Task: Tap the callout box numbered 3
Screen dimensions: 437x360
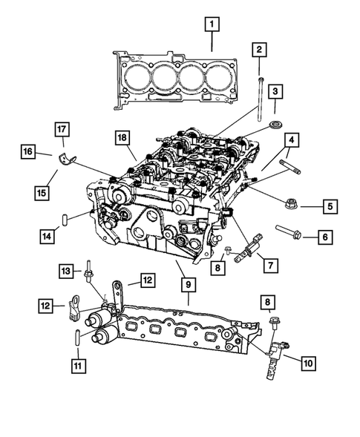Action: (275, 91)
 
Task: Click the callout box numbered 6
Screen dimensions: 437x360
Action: (324, 237)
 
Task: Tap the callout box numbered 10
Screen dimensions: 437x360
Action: (308, 363)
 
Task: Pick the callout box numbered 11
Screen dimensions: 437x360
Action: (76, 364)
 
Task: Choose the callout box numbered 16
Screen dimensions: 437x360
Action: (27, 153)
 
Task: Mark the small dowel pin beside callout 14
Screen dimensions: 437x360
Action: (67, 220)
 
